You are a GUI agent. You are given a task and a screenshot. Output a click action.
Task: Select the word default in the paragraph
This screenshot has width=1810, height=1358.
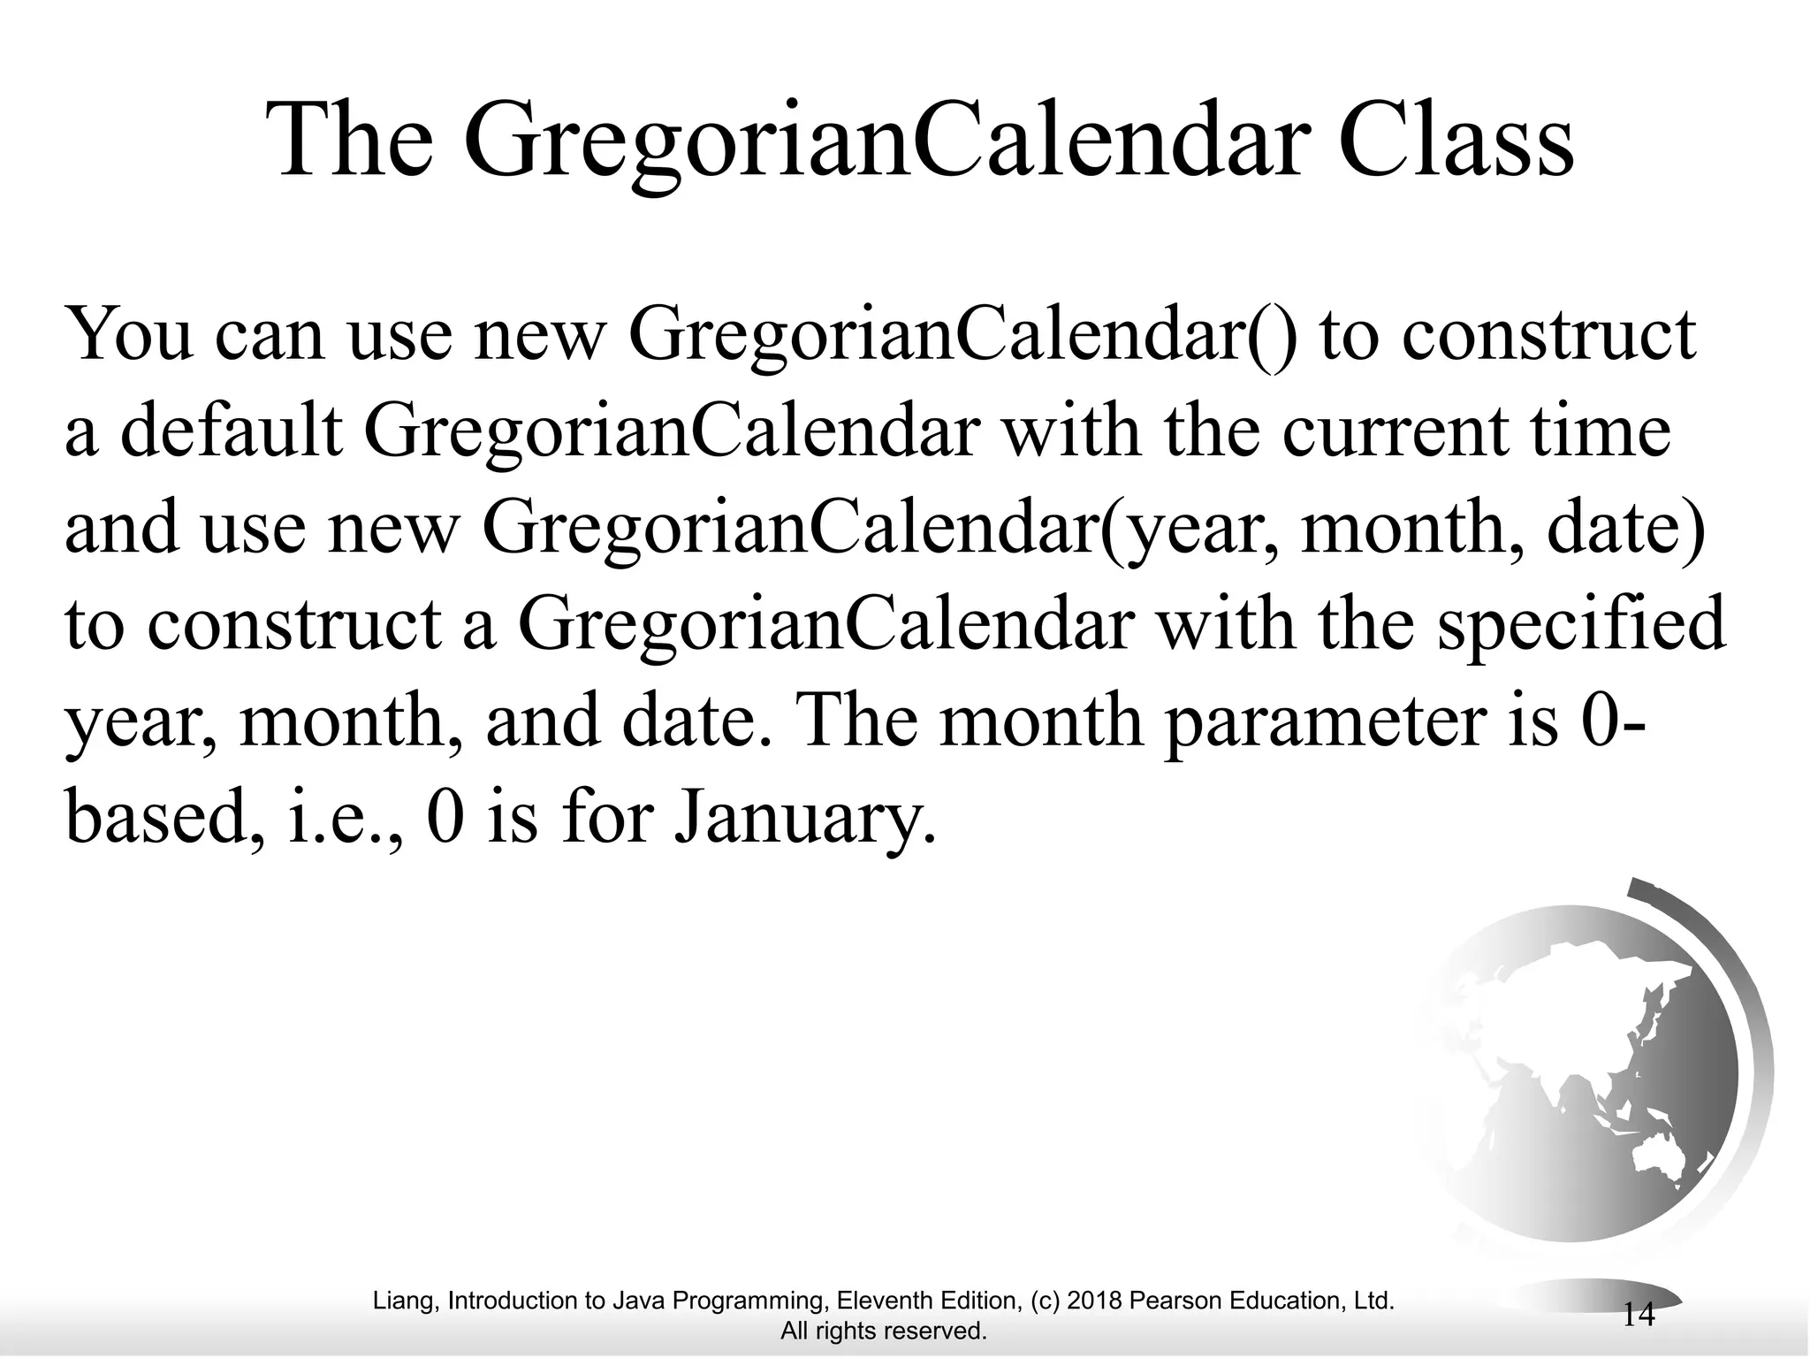[x=231, y=432]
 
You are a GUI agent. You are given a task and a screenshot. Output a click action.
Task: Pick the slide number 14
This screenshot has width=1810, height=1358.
[x=1639, y=1315]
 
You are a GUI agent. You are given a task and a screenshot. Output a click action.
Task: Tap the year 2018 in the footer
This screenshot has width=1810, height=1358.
[x=1096, y=1301]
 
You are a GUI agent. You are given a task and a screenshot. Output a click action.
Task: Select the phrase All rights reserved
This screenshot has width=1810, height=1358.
[x=883, y=1331]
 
